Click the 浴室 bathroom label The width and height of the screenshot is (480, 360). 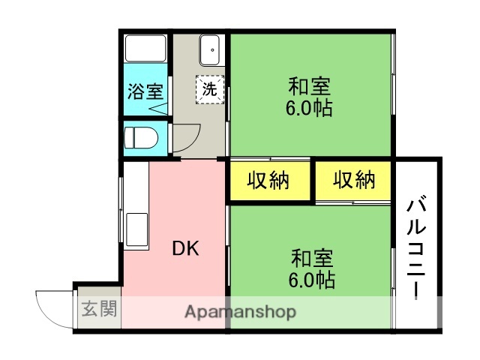click(x=145, y=92)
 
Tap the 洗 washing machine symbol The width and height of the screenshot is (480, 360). click(x=211, y=88)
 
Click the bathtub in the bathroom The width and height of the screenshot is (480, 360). click(x=145, y=49)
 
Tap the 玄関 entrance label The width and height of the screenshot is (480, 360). click(x=99, y=308)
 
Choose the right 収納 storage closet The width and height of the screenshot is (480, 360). click(x=353, y=181)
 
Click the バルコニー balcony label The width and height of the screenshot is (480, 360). click(x=419, y=247)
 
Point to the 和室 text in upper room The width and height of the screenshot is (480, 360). click(x=310, y=85)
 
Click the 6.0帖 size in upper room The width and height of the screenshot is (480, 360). click(x=310, y=108)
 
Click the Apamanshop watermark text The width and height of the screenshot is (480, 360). click(x=240, y=311)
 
